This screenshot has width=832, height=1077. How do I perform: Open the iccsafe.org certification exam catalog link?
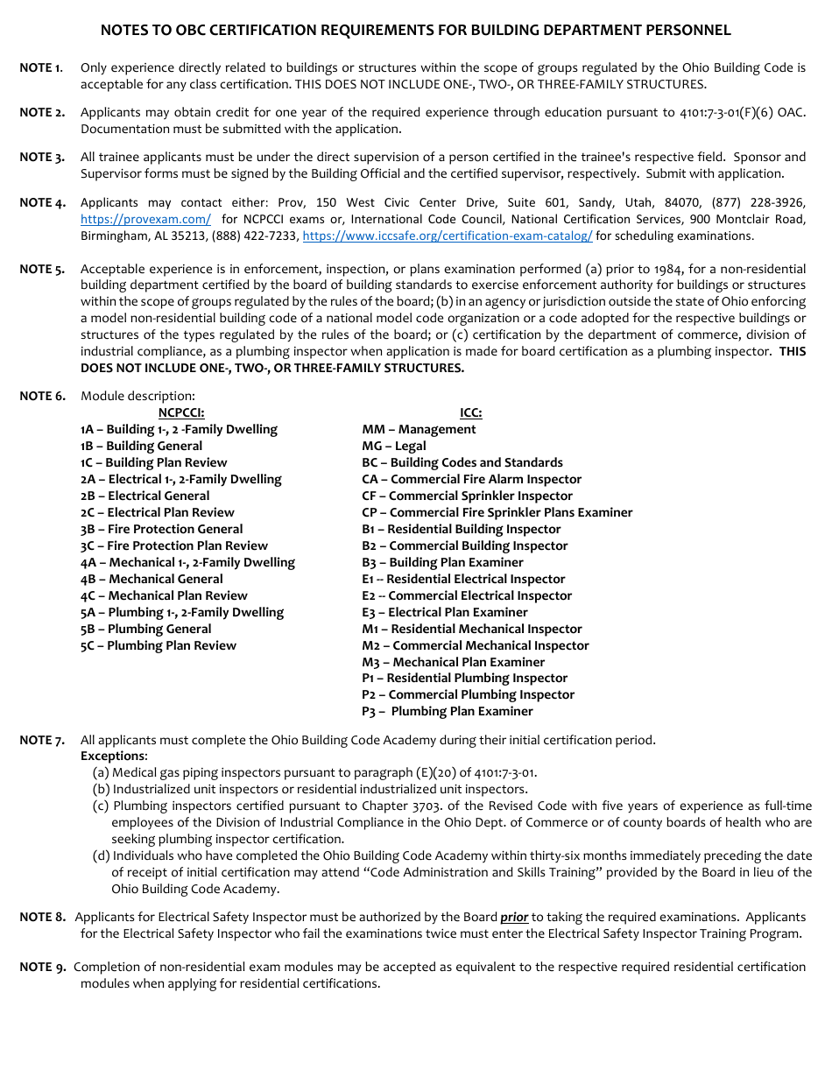pyautogui.click(x=447, y=236)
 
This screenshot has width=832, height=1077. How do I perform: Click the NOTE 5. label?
pyautogui.click(x=42, y=270)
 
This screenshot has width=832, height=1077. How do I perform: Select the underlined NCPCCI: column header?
pyautogui.click(x=181, y=413)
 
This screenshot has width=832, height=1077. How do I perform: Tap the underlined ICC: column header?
pyautogui.click(x=471, y=413)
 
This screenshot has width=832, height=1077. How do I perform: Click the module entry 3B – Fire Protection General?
pyautogui.click(x=162, y=530)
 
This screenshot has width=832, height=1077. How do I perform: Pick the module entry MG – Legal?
pyautogui.click(x=394, y=447)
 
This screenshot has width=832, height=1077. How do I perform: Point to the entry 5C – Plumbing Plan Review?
pyautogui.click(x=159, y=646)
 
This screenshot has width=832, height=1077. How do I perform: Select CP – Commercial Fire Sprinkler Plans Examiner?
pyautogui.click(x=497, y=513)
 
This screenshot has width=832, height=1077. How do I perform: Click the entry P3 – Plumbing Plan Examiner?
pyautogui.click(x=448, y=712)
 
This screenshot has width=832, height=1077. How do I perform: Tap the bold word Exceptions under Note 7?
pyautogui.click(x=113, y=757)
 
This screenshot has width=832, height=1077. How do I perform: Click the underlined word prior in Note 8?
pyautogui.click(x=514, y=918)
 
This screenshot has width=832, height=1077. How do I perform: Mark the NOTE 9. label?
pyautogui.click(x=42, y=968)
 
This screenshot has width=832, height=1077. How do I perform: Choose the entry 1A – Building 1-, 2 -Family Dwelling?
pyautogui.click(x=179, y=430)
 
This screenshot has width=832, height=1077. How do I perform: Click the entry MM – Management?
pyautogui.click(x=419, y=430)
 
